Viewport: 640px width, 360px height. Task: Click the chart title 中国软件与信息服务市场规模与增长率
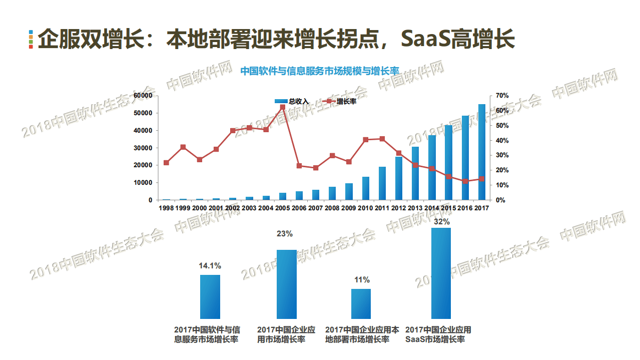pyautogui.click(x=319, y=71)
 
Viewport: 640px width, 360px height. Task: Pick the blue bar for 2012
pyautogui.click(x=399, y=178)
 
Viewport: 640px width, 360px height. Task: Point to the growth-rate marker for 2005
pyautogui.click(x=283, y=107)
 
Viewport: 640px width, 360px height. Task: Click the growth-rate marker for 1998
pyautogui.click(x=166, y=163)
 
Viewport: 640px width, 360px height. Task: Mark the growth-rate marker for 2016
pyautogui.click(x=465, y=181)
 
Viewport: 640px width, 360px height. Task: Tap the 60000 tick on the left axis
pyautogui.click(x=144, y=96)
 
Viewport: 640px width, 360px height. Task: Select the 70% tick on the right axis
pyautogui.click(x=502, y=96)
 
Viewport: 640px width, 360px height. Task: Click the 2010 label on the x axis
pyautogui.click(x=365, y=208)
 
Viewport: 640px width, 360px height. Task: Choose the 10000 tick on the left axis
pyautogui.click(x=144, y=183)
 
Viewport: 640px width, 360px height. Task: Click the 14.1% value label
pyautogui.click(x=210, y=266)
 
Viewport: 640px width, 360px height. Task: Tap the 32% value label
pyautogui.click(x=441, y=221)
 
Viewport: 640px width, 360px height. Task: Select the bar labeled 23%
pyautogui.click(x=287, y=284)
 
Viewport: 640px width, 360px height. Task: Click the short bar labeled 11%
pyautogui.click(x=361, y=303)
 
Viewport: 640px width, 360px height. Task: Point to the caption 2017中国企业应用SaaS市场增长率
pyautogui.click(x=438, y=334)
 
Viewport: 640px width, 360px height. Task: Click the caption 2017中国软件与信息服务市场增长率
pyautogui.click(x=207, y=334)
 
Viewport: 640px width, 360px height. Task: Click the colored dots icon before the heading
pyautogui.click(x=31, y=39)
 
